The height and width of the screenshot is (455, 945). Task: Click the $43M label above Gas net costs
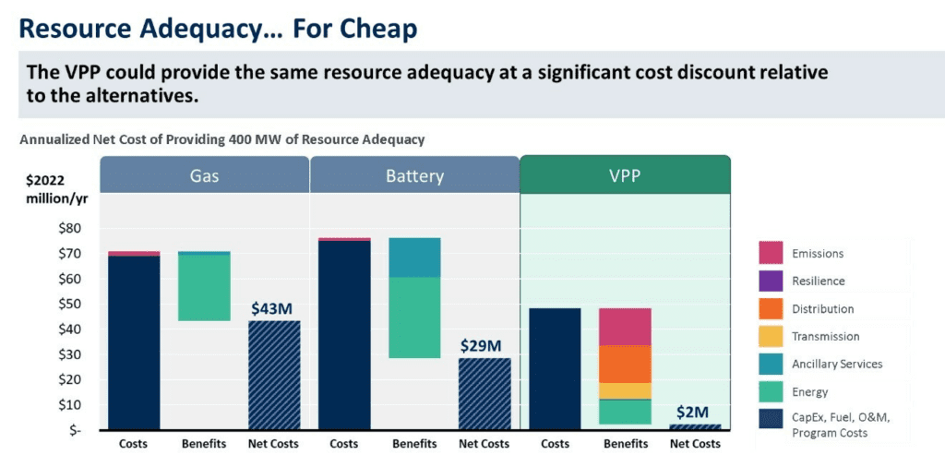tap(274, 308)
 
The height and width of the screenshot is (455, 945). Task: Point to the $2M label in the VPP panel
tap(694, 412)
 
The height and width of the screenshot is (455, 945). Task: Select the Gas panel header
tap(204, 174)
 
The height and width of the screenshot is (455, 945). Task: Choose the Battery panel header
tap(414, 174)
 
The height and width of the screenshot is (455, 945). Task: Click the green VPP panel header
tap(626, 174)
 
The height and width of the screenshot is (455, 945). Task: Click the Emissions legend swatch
tap(771, 253)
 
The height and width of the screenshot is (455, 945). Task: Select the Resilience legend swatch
tap(771, 281)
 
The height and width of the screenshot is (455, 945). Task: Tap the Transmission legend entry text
tap(825, 337)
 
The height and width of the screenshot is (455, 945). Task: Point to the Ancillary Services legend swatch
tap(771, 364)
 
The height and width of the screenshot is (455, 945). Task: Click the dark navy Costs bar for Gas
tap(134, 341)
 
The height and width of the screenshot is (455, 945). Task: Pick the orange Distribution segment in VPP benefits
tap(625, 364)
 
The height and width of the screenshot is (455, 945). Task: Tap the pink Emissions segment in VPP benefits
tap(625, 327)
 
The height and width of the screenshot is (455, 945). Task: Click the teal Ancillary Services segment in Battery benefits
tap(414, 257)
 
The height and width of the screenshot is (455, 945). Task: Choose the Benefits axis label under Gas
tap(204, 444)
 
